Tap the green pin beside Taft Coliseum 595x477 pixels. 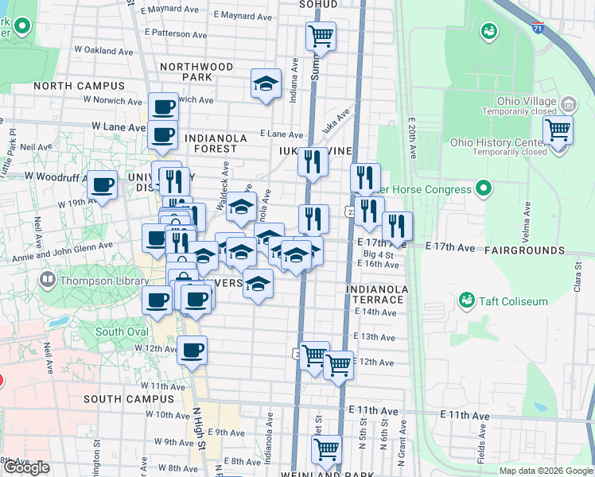click(467, 301)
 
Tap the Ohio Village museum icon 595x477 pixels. click(568, 104)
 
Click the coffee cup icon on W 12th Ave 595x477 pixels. click(192, 349)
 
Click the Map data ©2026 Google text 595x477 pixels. click(546, 471)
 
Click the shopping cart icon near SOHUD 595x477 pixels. click(321, 35)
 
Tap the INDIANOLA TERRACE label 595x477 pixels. click(377, 294)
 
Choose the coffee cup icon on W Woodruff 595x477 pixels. click(102, 185)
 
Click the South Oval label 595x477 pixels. click(121, 332)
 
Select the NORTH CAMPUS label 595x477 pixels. click(80, 86)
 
